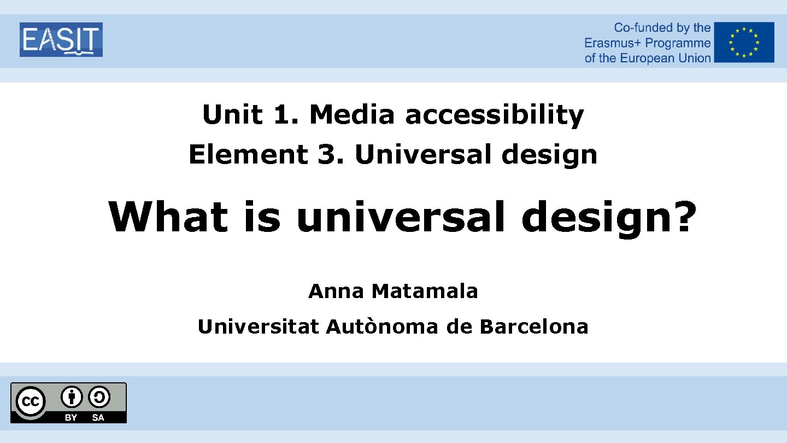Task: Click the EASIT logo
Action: point(61,39)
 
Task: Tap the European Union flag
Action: point(744,42)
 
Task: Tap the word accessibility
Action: point(495,115)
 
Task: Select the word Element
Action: point(248,155)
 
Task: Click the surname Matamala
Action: point(425,292)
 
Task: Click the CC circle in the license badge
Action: point(31,403)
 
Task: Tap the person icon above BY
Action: point(72,397)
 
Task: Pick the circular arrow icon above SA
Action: point(99,397)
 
